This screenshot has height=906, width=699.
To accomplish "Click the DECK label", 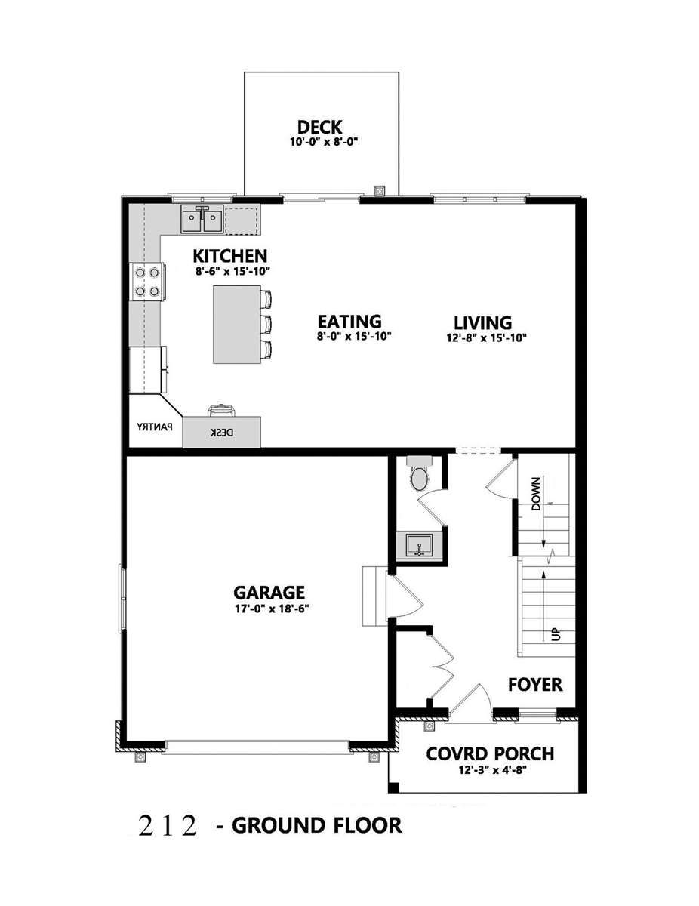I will pyautogui.click(x=321, y=126).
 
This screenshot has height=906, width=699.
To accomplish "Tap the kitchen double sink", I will pyautogui.click(x=202, y=220).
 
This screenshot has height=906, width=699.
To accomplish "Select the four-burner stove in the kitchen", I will pyautogui.click(x=146, y=281).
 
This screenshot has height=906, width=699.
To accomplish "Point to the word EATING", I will pyautogui.click(x=349, y=322).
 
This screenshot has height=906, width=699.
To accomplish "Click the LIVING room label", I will pyautogui.click(x=483, y=322).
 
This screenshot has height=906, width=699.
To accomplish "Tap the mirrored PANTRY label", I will pyautogui.click(x=155, y=427).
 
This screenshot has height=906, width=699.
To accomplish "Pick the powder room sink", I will pyautogui.click(x=417, y=544).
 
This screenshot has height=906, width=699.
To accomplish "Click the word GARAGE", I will pyautogui.click(x=269, y=592).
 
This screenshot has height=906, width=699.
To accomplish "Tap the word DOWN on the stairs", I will pyautogui.click(x=536, y=494).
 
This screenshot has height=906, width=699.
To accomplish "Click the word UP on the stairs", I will pyautogui.click(x=556, y=634).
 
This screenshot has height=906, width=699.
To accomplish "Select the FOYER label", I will pyautogui.click(x=534, y=685).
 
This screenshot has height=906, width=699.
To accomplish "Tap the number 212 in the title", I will pyautogui.click(x=168, y=826).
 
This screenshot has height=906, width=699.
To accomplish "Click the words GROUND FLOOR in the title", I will pyautogui.click(x=316, y=825).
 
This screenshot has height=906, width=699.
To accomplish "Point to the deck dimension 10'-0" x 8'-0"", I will pyautogui.click(x=321, y=141).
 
